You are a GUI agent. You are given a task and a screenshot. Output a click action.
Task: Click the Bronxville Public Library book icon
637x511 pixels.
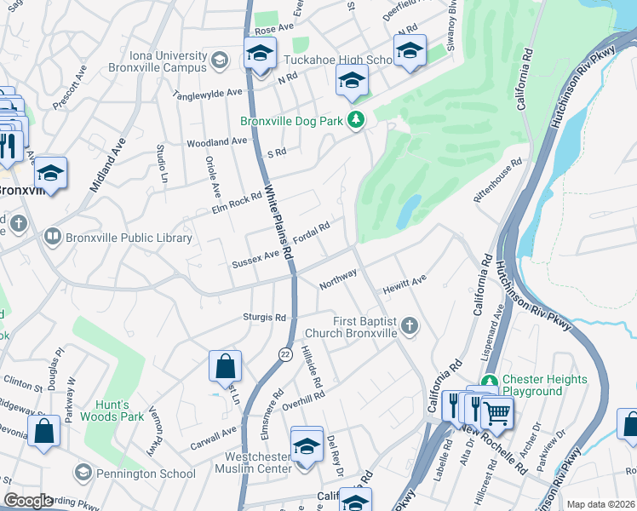[x=52, y=237]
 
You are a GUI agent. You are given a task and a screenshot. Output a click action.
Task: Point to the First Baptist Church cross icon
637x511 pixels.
[x=410, y=324]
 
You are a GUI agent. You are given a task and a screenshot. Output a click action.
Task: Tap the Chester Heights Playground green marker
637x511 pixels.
[x=490, y=385]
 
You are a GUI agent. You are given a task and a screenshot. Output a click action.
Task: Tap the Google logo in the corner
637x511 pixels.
[x=28, y=501]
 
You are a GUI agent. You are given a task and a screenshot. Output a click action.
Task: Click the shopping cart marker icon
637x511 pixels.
[x=496, y=414]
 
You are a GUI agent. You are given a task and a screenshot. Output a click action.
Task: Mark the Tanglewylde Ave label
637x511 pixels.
[x=209, y=93]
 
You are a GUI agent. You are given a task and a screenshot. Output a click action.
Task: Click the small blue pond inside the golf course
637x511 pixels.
[x=408, y=211]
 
